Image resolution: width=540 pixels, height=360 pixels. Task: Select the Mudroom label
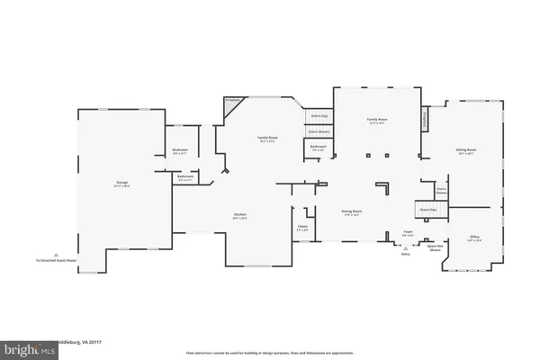(178, 153)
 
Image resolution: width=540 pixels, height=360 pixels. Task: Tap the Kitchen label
(240, 215)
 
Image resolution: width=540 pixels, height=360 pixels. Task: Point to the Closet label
(302, 228)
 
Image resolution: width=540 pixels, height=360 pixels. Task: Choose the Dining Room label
(350, 213)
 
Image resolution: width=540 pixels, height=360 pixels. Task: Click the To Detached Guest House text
(56, 260)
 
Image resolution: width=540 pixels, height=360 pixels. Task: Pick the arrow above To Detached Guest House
(56, 253)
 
